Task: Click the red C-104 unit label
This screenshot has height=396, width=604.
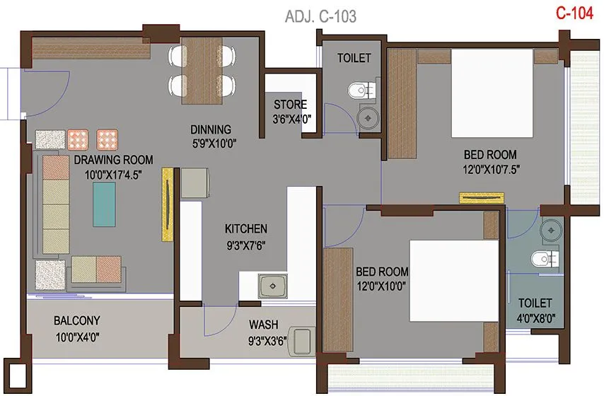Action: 573,14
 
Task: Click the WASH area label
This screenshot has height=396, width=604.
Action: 263,325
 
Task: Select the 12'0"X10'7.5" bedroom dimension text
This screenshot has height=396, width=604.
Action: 489,170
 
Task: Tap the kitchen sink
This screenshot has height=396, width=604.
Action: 272,286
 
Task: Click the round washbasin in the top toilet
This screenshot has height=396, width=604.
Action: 368,117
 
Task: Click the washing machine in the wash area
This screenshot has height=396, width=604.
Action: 303,340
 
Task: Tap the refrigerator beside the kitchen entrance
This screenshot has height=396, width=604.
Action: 194,183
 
